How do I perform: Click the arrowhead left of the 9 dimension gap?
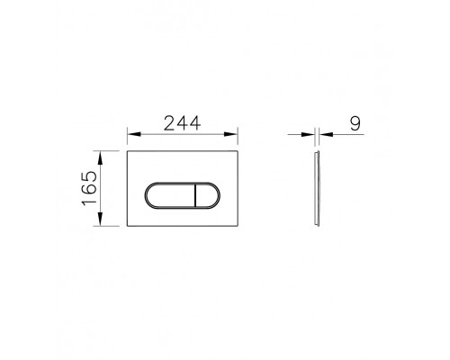(311, 138)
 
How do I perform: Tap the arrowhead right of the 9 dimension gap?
(322, 138)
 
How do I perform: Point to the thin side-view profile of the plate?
(317, 189)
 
